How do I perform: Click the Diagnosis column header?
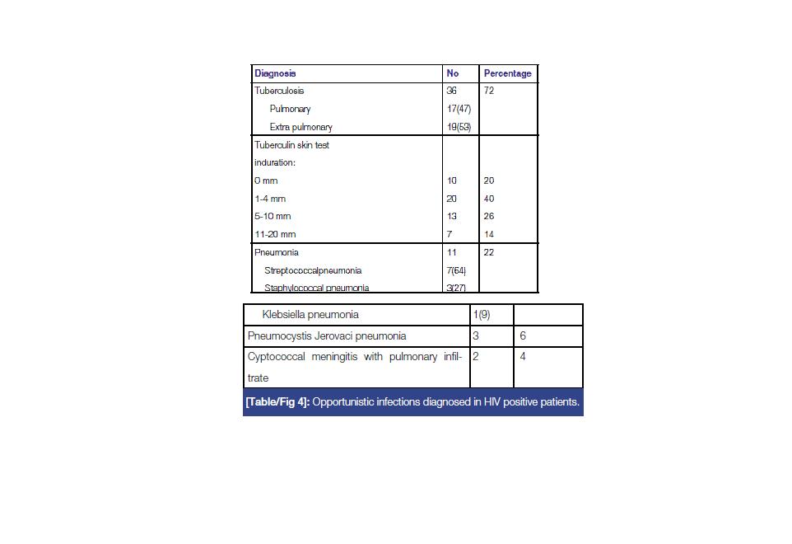(x=275, y=73)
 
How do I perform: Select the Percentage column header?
(x=507, y=73)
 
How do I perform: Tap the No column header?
(x=453, y=73)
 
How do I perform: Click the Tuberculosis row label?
(x=279, y=91)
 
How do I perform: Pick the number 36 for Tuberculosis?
(x=451, y=91)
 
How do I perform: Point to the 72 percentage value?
(x=489, y=91)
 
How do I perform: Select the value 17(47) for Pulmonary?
(x=458, y=109)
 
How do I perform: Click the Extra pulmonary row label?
(x=301, y=127)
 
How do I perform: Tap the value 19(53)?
(x=458, y=127)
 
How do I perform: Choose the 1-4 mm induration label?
(x=270, y=199)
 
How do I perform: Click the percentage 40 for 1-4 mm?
(x=489, y=199)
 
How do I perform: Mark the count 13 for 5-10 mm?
(x=451, y=216)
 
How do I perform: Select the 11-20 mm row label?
(x=275, y=234)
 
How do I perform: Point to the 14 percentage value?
(x=489, y=234)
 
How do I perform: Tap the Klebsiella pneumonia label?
(x=310, y=314)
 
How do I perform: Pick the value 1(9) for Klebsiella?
(x=481, y=314)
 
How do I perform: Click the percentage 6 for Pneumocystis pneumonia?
(x=523, y=336)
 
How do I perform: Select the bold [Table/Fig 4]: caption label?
(x=277, y=402)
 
